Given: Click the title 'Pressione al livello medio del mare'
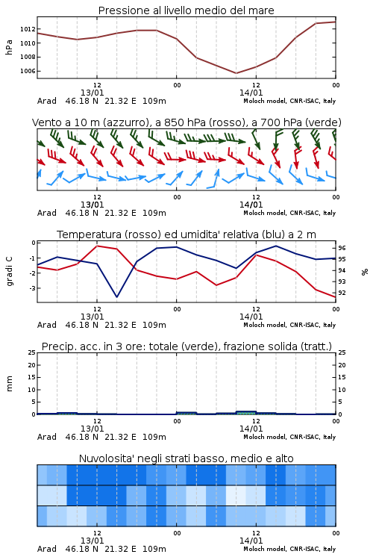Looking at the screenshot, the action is [x=186, y=10].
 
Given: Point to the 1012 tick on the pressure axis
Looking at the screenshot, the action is [x=28, y=29].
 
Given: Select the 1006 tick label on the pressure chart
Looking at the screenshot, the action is [x=28, y=71].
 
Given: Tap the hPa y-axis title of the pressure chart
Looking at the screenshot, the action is [x=9, y=47].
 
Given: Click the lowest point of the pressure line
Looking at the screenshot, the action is [x=236, y=73].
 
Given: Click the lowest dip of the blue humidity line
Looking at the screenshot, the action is [x=116, y=296].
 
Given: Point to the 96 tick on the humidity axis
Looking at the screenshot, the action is [x=342, y=248].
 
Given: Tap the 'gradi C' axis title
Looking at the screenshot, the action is [x=10, y=271].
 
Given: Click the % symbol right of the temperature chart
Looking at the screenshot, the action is [x=365, y=272].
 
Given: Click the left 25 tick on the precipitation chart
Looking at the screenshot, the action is [x=32, y=352].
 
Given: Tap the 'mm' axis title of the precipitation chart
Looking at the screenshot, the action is [x=9, y=384].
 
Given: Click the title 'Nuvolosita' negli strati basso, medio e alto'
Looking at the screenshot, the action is [x=186, y=458].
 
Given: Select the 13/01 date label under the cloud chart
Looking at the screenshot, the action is [x=92, y=541].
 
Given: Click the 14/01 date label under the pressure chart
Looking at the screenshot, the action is [x=251, y=93].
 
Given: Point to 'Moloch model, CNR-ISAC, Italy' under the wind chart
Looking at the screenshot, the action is [x=289, y=213].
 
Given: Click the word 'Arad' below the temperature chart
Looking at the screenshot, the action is [x=47, y=325].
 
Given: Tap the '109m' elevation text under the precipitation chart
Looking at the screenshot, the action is [x=154, y=437].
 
